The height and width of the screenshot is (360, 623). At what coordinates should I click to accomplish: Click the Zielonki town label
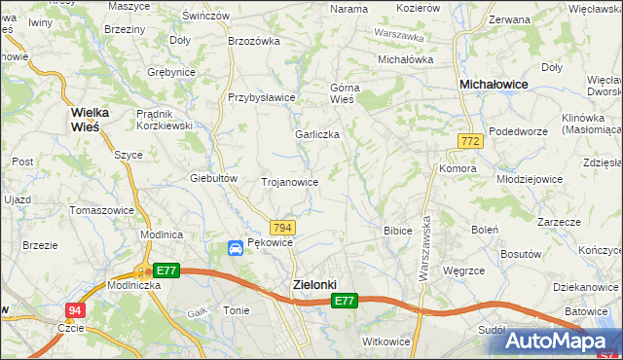[x=314, y=284]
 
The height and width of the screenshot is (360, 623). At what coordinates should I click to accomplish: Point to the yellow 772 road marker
[x=470, y=142]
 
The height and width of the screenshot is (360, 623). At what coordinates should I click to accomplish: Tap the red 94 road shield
[x=74, y=310]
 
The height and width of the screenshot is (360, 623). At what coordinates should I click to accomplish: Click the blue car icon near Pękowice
[x=236, y=249]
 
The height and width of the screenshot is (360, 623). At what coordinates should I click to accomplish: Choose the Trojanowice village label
[x=290, y=182]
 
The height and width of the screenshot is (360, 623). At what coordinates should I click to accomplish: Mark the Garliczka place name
[x=317, y=134]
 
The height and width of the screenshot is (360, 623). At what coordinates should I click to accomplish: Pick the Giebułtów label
[x=214, y=178]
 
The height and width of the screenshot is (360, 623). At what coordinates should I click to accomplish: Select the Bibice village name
[x=398, y=231]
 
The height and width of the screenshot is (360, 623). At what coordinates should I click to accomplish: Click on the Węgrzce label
[x=463, y=270]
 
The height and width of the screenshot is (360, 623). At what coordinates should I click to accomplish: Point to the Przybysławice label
[x=261, y=97]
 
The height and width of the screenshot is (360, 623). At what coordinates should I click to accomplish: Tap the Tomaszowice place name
[x=101, y=210]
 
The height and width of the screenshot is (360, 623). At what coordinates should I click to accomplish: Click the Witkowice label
[x=385, y=342]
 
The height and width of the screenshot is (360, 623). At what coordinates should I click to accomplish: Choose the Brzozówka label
[x=253, y=41]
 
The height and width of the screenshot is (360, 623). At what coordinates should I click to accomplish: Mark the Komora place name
[x=458, y=168]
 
